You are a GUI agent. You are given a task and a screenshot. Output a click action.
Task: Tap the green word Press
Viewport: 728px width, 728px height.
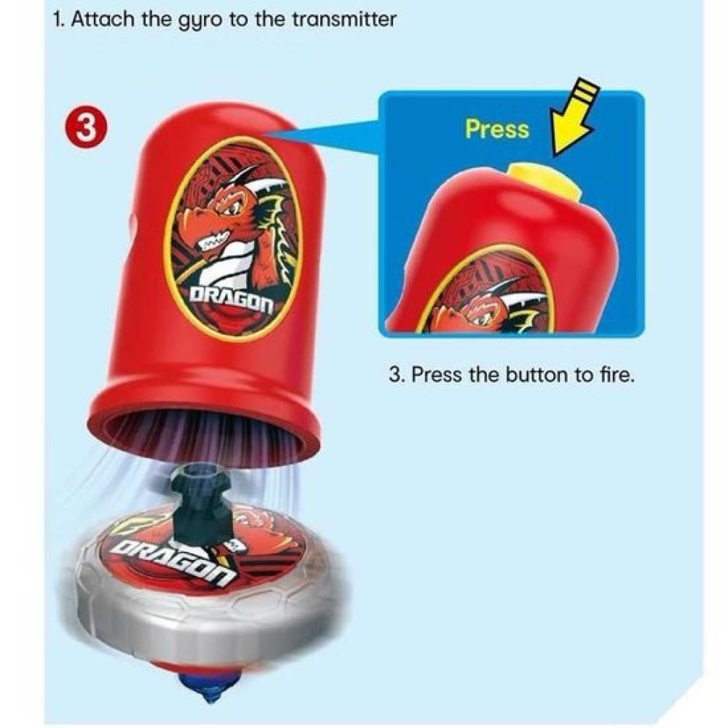[x=496, y=129]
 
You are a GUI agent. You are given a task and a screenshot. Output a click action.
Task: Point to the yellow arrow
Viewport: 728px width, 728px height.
[x=573, y=121]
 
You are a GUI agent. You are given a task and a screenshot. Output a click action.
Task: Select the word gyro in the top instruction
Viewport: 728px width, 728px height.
[x=194, y=20]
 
